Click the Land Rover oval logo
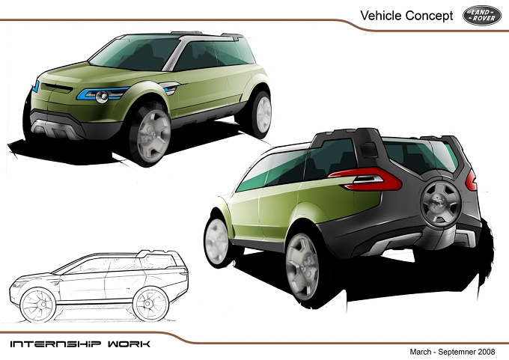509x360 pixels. click(482, 16)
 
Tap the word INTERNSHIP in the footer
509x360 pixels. click(55, 344)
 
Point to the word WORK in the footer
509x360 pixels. click(129, 344)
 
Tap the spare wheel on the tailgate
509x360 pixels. click(440, 204)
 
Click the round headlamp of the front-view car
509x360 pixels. click(102, 97)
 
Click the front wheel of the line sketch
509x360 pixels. click(38, 305)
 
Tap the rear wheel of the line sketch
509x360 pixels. click(150, 304)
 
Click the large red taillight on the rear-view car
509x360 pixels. click(365, 179)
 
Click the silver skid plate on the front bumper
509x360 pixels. click(55, 127)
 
